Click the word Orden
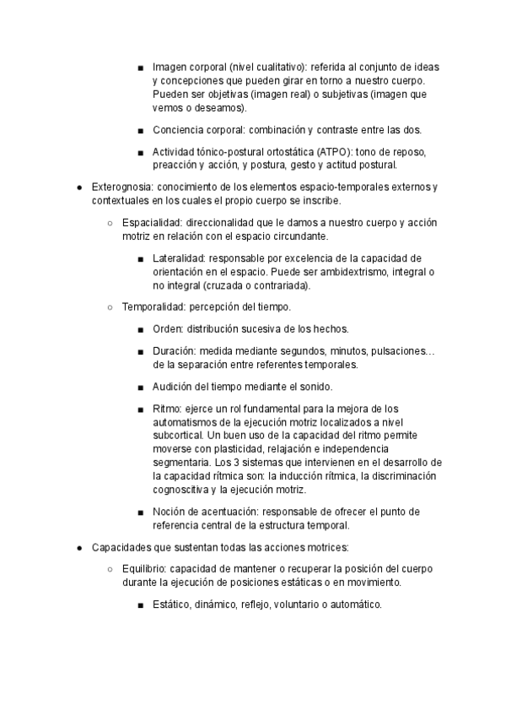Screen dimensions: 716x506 (167, 328)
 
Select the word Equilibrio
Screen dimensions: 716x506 (144, 569)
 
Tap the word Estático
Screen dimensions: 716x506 (172, 605)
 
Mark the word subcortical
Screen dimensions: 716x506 (180, 436)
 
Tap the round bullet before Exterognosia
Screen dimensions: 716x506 (78, 186)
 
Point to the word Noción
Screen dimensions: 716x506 (171, 512)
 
